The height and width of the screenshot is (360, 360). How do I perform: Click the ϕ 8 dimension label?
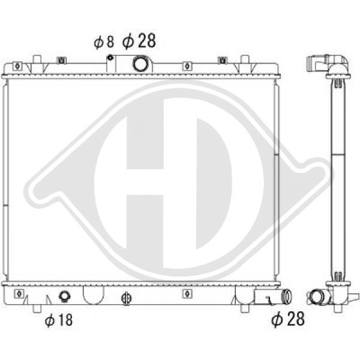click(x=104, y=42)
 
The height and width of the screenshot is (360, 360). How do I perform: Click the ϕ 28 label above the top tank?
click(x=139, y=41)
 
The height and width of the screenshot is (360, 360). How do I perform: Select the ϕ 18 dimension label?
click(x=59, y=320)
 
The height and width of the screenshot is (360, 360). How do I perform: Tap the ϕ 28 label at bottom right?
click(x=288, y=319)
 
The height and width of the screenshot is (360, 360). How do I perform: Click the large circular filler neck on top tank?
click(x=140, y=64)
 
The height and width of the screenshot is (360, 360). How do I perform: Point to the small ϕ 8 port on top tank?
click(x=110, y=58)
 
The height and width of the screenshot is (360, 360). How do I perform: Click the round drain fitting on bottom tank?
click(x=65, y=296)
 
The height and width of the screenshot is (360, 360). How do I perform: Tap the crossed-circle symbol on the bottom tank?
click(x=126, y=298)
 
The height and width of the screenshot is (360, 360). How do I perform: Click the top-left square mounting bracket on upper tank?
click(x=17, y=67)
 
